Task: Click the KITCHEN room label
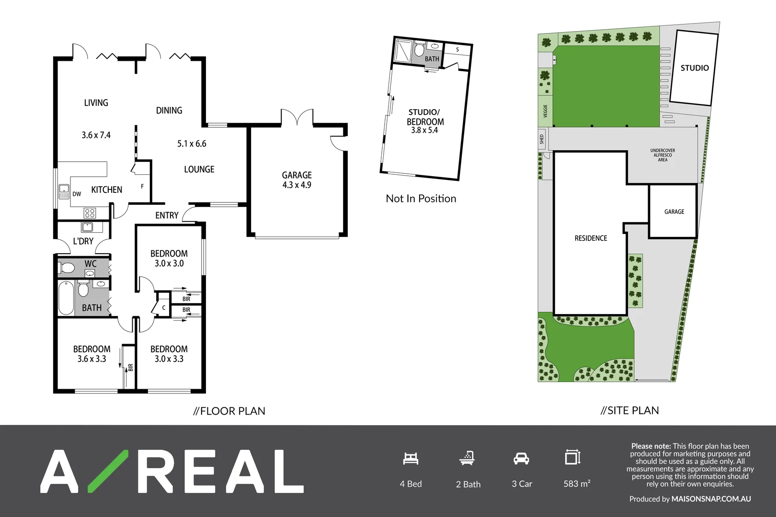[x=106, y=190]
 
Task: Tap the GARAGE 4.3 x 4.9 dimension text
[x=297, y=185]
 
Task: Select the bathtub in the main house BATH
[x=66, y=298]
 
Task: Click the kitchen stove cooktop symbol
[x=90, y=213]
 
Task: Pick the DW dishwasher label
[x=77, y=194]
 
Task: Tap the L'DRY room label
[x=83, y=241]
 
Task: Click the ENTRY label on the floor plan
[x=167, y=215]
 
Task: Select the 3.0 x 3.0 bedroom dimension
[x=169, y=263]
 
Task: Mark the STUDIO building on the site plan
[x=694, y=68]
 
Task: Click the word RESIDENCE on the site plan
[x=591, y=238]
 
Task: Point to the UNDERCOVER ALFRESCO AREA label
[x=662, y=155]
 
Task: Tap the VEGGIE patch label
[x=545, y=111]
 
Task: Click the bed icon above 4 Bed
[x=411, y=459]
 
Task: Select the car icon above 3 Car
[x=521, y=459]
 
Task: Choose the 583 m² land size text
[x=577, y=484]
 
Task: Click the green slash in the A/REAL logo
[x=108, y=472]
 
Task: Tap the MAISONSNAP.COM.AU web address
[x=711, y=499]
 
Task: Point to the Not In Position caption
[x=421, y=199]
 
